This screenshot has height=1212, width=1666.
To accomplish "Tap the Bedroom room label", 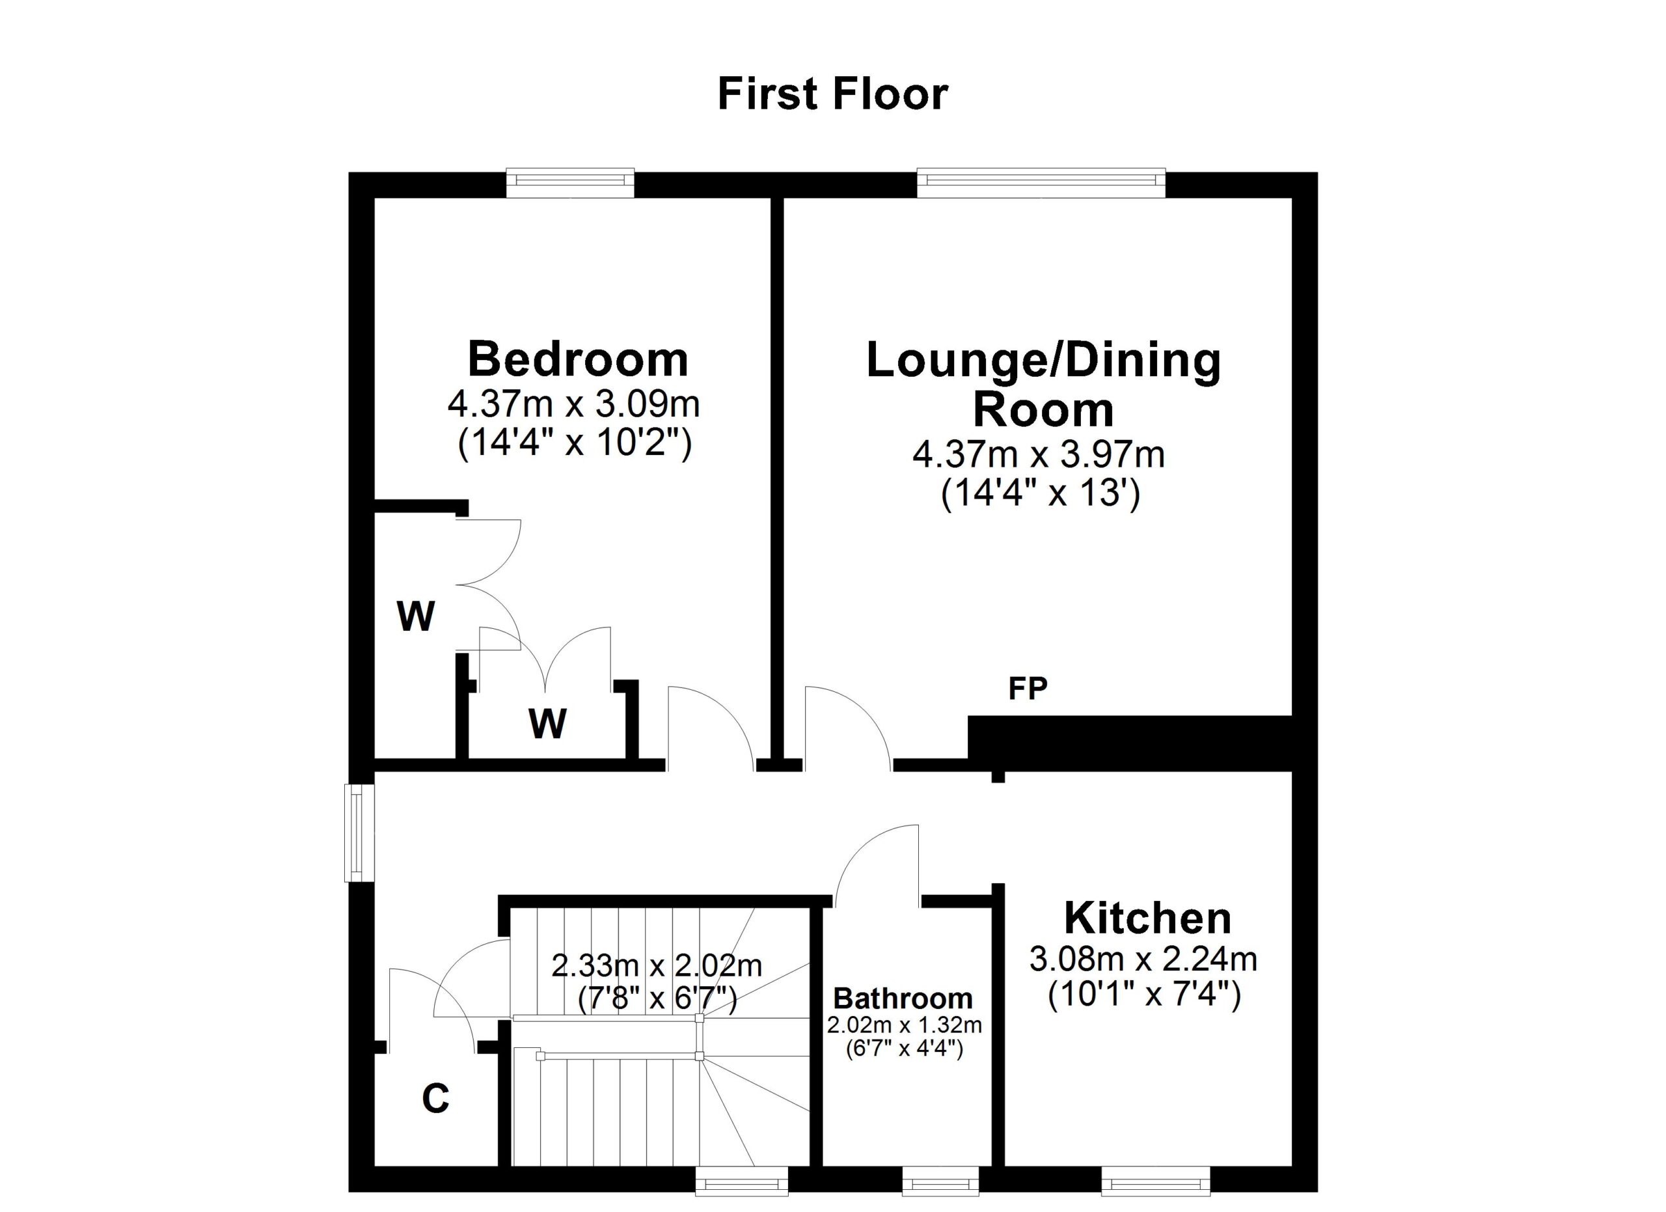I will (578, 359).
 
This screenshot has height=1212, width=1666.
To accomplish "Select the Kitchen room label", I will (1147, 918).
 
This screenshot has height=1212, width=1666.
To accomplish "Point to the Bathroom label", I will (903, 999).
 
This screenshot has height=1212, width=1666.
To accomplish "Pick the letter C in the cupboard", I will (435, 1099).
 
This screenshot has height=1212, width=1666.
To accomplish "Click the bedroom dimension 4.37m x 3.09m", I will (574, 404).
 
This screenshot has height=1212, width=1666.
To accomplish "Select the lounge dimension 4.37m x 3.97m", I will (1039, 455).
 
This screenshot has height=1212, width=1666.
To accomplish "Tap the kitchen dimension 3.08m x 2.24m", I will (1143, 959).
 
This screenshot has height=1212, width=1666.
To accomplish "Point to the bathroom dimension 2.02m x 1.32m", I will (904, 1025).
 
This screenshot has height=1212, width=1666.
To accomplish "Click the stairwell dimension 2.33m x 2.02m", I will (657, 966).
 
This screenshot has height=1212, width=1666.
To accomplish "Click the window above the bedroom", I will (570, 184).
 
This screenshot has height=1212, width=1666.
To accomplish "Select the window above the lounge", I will (1040, 184).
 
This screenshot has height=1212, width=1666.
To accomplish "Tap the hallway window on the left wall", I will (359, 833).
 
